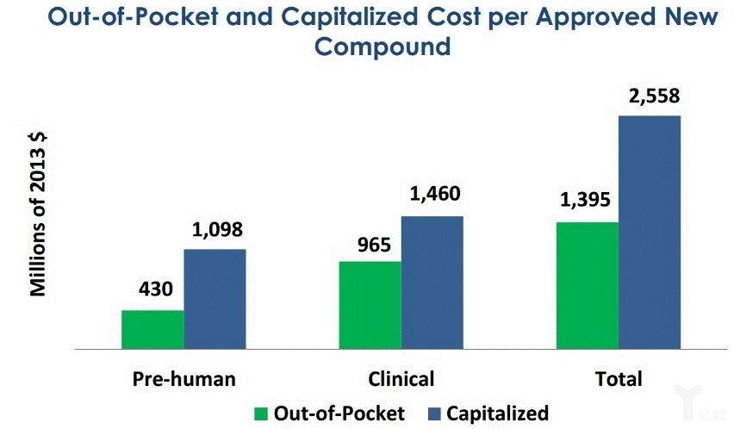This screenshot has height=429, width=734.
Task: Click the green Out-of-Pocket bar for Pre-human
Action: pos(152,329)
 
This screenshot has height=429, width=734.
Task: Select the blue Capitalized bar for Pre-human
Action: pos(215,299)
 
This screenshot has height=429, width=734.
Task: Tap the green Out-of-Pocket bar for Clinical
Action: pos(370,305)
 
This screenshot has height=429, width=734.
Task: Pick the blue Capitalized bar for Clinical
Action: pos(432,283)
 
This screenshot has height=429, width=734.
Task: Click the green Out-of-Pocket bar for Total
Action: pos(588,285)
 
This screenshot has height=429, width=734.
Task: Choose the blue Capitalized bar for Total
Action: pos(650,232)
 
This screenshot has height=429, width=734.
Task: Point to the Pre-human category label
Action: pos(183,379)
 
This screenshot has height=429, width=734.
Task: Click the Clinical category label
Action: pos(401,379)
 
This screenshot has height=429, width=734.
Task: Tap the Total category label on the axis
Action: pos(619,379)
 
